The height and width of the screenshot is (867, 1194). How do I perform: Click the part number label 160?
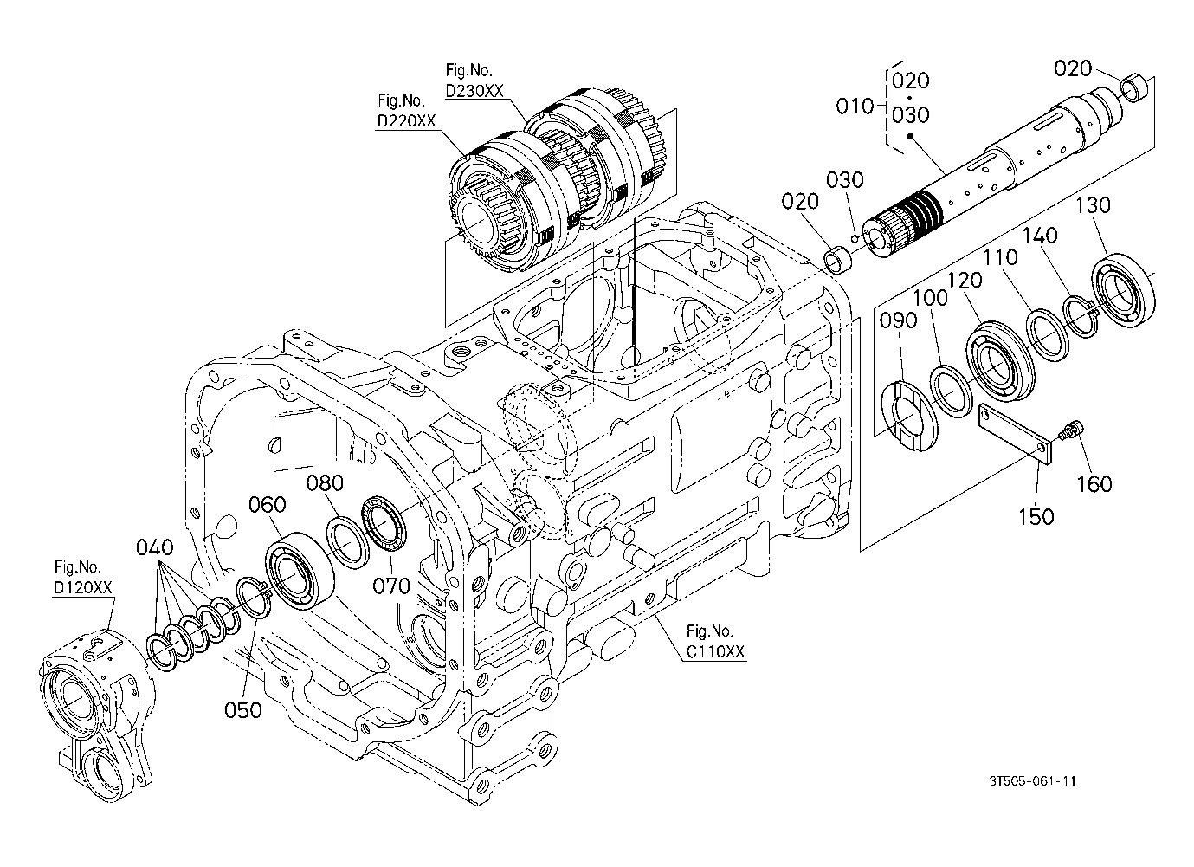[1094, 484]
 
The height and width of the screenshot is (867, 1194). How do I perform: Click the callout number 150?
[1036, 516]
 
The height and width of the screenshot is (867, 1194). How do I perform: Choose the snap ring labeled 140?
[1080, 316]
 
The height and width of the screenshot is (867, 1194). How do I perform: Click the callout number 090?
[898, 320]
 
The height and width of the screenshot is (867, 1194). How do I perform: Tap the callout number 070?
[391, 586]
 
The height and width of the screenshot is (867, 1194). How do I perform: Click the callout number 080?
[325, 483]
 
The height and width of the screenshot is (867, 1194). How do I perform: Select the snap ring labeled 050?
[254, 598]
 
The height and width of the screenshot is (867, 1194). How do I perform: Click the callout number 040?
[155, 547]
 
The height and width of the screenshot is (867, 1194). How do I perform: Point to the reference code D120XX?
[83, 587]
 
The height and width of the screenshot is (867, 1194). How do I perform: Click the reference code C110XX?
[715, 651]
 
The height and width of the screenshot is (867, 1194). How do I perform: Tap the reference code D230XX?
[474, 91]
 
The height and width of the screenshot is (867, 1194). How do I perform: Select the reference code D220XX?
[406, 121]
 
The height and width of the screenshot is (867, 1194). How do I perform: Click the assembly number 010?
[855, 107]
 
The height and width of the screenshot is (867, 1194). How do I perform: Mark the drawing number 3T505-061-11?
[1032, 781]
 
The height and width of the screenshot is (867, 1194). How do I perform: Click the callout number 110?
[1000, 257]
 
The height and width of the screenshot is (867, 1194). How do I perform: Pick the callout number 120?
[965, 281]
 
